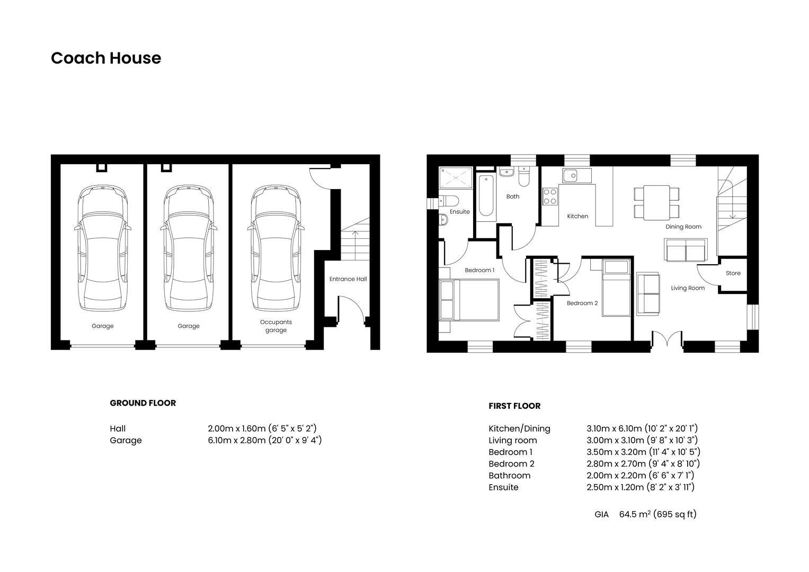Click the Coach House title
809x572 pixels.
pyautogui.click(x=106, y=58)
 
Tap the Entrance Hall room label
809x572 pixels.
pyautogui.click(x=348, y=279)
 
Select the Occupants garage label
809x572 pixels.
pyautogui.click(x=275, y=326)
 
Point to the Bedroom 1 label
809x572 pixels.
pyautogui.click(x=479, y=270)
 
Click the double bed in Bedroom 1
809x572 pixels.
pyautogui.click(x=469, y=300)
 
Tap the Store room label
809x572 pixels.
pyautogui.click(x=733, y=273)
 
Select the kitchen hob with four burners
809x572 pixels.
pyautogui.click(x=550, y=196)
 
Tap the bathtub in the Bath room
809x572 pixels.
pyautogui.click(x=486, y=195)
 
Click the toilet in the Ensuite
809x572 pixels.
pyautogui.click(x=449, y=201)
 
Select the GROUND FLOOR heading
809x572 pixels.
pyautogui.click(x=143, y=403)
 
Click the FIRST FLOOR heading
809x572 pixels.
pyautogui.click(x=514, y=406)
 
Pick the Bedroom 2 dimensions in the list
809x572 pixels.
pyautogui.click(x=643, y=464)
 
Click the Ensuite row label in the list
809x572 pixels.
pyautogui.click(x=503, y=487)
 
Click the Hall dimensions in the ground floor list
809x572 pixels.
pyautogui.click(x=262, y=428)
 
